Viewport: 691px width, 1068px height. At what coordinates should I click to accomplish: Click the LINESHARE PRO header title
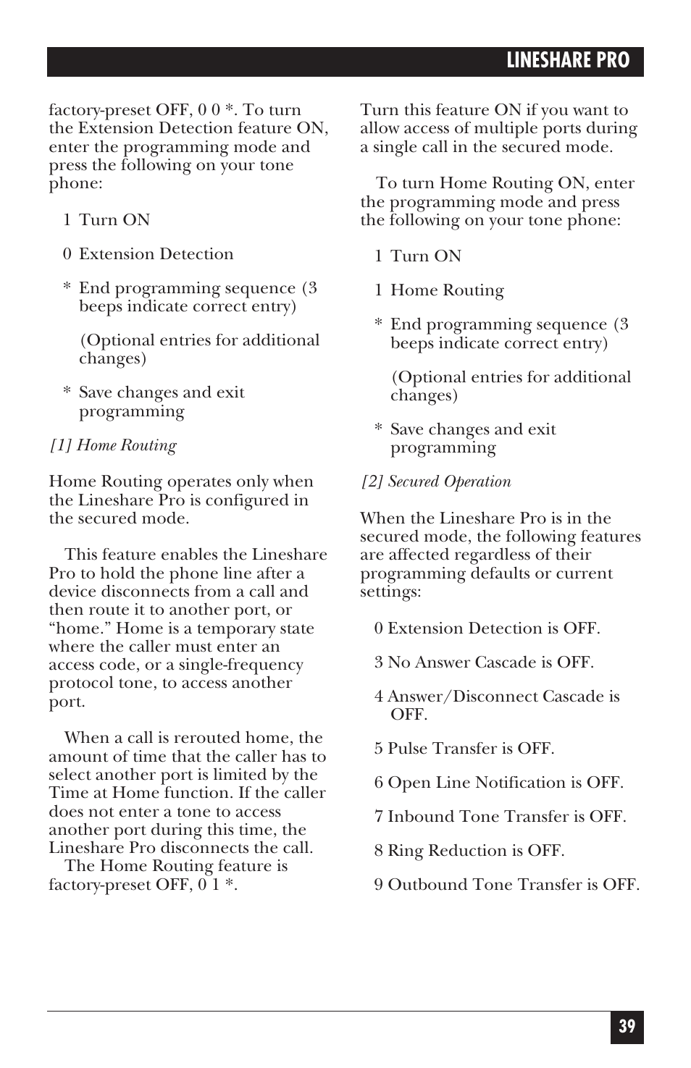567,61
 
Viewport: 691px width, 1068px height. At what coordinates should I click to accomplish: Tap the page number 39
627,1027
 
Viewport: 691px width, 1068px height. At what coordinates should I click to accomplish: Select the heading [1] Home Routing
113,445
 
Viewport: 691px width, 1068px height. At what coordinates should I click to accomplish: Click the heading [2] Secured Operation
436,482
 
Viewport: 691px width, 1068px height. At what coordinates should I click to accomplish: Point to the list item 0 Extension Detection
148,254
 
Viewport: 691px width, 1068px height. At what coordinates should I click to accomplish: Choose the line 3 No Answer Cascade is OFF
484,663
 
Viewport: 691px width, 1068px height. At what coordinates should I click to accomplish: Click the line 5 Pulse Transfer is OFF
464,748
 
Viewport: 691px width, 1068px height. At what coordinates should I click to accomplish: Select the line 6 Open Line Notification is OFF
498,783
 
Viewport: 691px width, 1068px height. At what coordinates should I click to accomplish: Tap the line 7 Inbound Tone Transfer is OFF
500,817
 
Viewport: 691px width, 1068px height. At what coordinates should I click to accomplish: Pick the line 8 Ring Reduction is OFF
469,851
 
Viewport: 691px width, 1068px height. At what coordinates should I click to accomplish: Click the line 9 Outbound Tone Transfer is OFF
506,885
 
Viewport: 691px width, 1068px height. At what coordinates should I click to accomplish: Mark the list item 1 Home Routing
439,290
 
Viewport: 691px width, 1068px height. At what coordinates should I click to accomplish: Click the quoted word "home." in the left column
80,628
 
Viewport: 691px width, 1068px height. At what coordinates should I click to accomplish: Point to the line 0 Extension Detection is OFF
487,628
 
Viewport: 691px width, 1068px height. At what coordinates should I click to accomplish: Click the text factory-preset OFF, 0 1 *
143,885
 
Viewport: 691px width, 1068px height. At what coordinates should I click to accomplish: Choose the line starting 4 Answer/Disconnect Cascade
497,697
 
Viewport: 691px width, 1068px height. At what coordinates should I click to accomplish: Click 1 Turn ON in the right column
418,256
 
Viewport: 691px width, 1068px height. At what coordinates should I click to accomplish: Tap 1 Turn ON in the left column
106,220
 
